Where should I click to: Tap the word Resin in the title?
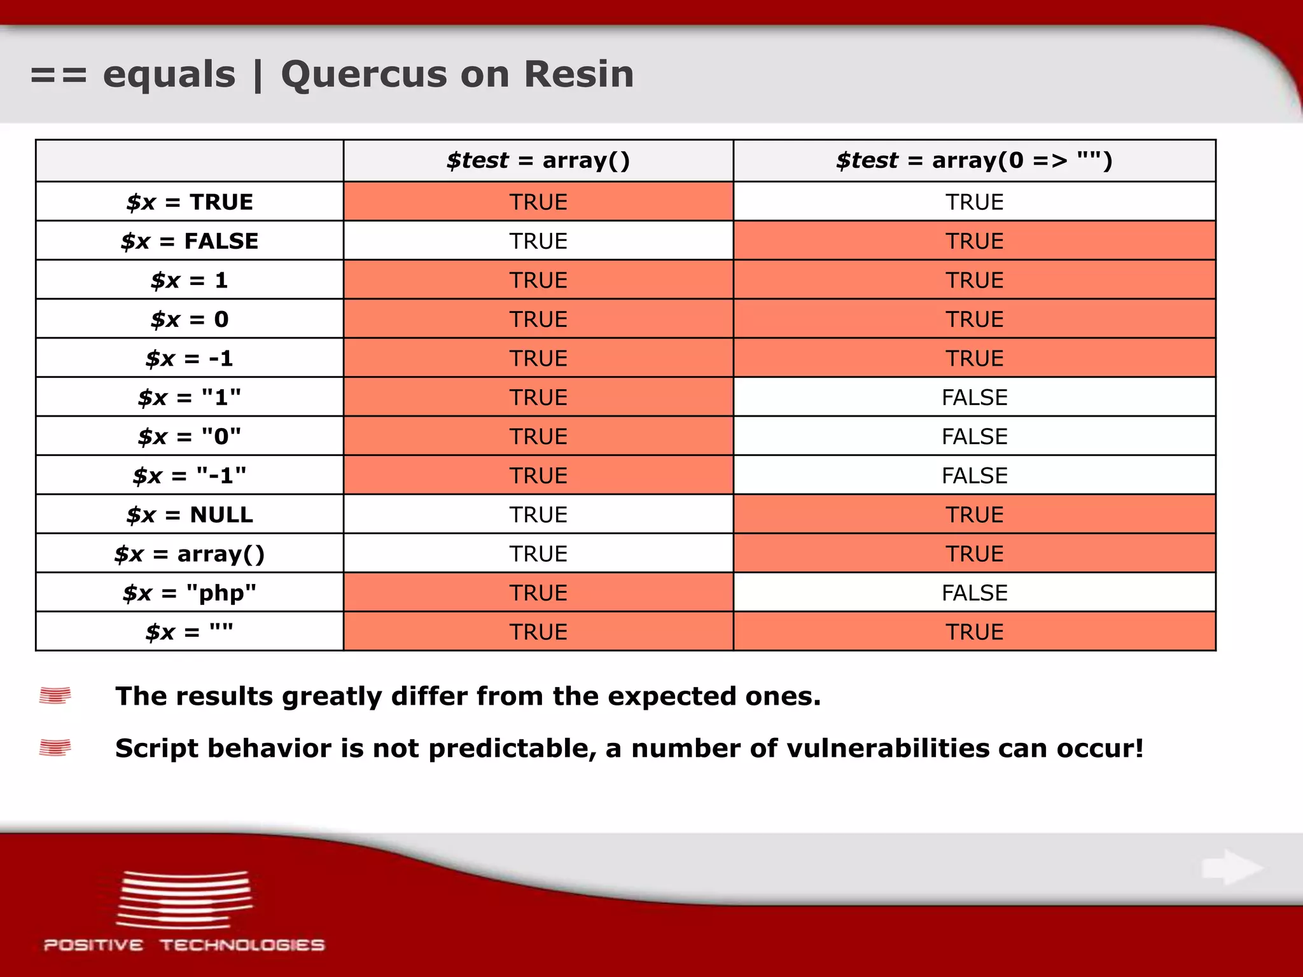point(578,74)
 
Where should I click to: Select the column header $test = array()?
point(538,160)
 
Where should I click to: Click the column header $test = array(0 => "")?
point(973,160)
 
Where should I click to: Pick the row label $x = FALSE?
point(190,241)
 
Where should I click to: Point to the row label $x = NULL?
point(190,515)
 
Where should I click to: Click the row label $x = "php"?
point(190,593)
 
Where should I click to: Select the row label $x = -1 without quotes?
point(190,358)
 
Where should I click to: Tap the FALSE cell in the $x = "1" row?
point(974,398)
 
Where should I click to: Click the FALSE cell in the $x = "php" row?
point(974,593)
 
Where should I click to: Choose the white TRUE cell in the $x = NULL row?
point(538,515)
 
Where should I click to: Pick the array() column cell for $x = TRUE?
point(538,202)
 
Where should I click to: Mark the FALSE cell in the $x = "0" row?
point(974,436)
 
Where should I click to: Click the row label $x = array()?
point(190,554)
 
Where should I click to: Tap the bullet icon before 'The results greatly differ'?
point(55,696)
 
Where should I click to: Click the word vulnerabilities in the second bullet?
point(888,749)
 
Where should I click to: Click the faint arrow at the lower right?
point(1232,868)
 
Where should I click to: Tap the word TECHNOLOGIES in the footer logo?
point(242,945)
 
